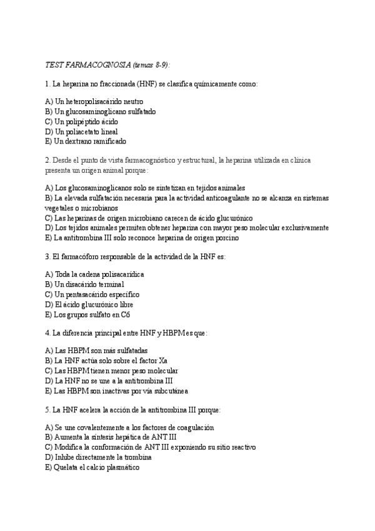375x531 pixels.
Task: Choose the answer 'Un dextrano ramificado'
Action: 90,141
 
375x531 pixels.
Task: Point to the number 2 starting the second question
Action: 47,160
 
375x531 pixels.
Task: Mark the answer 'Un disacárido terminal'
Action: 84,284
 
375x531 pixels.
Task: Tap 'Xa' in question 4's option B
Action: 147,361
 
